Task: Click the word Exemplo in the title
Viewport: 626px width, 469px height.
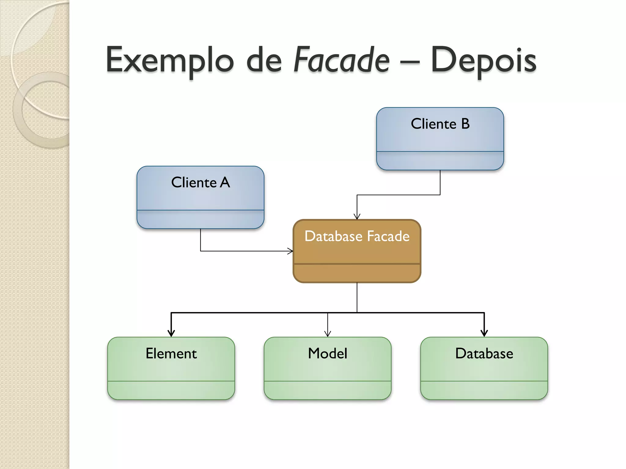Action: pos(170,60)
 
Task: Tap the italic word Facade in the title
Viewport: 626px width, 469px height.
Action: pos(341,60)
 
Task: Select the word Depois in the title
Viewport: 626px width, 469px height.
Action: pos(484,60)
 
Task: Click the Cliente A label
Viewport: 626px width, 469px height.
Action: pos(201,183)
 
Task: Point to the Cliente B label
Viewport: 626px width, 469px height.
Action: pos(440,124)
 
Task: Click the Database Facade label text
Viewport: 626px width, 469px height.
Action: pos(357,236)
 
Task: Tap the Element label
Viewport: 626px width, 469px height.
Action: pos(171,354)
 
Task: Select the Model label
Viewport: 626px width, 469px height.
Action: pos(328,354)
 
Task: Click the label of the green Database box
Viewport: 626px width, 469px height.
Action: pos(484,354)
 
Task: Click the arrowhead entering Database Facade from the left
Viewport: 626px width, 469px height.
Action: pos(290,251)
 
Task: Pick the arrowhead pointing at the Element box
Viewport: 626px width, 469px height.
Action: pos(171,333)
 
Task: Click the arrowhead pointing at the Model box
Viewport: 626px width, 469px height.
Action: pos(328,334)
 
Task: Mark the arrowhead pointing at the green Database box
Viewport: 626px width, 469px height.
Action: pos(484,333)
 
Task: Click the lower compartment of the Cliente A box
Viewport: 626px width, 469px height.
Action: pos(201,219)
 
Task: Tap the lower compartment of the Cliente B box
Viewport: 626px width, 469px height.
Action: pos(440,161)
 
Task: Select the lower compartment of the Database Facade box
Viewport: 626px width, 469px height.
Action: pos(357,273)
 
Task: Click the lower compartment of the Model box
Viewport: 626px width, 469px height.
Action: pos(328,390)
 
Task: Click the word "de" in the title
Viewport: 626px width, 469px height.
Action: pos(264,60)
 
